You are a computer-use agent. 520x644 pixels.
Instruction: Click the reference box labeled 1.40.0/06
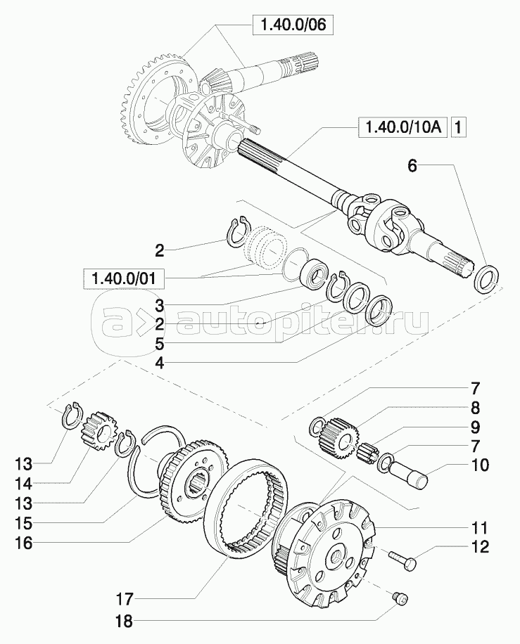pyautogui.click(x=291, y=27)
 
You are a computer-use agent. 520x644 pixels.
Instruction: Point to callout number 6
pyautogui.click(x=412, y=166)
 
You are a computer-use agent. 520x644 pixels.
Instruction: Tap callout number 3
pyautogui.click(x=160, y=306)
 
